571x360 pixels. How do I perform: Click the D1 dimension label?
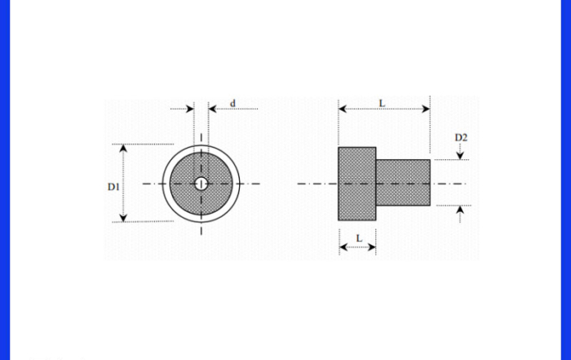tap(113, 187)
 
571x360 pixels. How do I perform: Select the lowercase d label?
tap(232, 104)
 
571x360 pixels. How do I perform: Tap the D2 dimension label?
tap(461, 137)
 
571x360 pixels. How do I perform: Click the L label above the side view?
tap(382, 104)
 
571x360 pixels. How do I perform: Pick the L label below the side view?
tap(359, 238)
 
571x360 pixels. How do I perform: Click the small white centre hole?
tap(201, 184)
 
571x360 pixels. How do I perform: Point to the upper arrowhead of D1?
tap(123, 148)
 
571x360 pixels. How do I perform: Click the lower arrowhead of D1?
tap(123, 218)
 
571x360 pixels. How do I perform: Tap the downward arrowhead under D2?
tap(460, 156)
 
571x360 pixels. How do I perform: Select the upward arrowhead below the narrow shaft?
tap(460, 210)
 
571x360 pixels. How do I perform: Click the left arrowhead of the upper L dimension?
tap(343, 109)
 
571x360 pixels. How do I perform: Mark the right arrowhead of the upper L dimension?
tap(426, 109)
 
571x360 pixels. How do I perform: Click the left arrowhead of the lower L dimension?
tap(343, 247)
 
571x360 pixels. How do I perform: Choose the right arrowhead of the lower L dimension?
tap(372, 247)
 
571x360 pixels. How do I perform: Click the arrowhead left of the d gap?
tap(190, 109)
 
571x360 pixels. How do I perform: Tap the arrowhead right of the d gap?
tap(213, 109)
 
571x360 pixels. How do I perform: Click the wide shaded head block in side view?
tap(357, 184)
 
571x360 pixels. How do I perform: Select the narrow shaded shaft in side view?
tap(403, 183)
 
